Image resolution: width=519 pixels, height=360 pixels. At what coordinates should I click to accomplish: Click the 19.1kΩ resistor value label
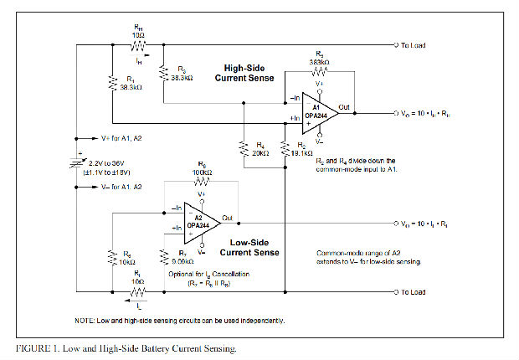pyautogui.click(x=303, y=153)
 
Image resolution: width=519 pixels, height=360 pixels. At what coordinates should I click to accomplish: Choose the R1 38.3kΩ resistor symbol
pyautogui.click(x=112, y=82)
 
